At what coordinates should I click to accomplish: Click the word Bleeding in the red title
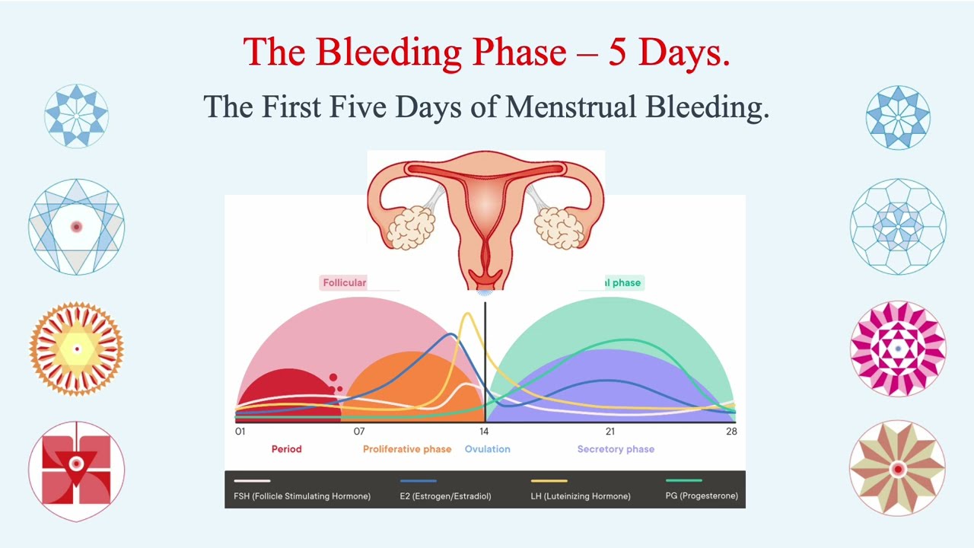(388, 52)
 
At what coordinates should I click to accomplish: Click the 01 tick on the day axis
(240, 432)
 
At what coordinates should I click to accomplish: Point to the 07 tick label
(359, 432)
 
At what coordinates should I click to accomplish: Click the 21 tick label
(610, 432)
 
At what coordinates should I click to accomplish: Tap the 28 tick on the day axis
(731, 432)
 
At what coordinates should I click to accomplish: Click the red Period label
(287, 449)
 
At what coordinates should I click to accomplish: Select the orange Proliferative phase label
(407, 449)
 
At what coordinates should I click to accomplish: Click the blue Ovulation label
(488, 449)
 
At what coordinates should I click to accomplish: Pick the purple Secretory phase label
(616, 449)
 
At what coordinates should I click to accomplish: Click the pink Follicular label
(345, 282)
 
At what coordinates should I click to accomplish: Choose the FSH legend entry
(302, 496)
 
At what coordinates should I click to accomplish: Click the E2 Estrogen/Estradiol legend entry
(445, 496)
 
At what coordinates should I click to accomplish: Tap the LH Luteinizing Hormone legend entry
(581, 496)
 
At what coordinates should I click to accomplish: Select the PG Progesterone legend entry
(702, 496)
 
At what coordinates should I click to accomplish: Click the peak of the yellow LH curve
(467, 314)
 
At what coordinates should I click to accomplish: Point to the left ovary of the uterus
(410, 226)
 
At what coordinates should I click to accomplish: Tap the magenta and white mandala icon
(898, 349)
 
